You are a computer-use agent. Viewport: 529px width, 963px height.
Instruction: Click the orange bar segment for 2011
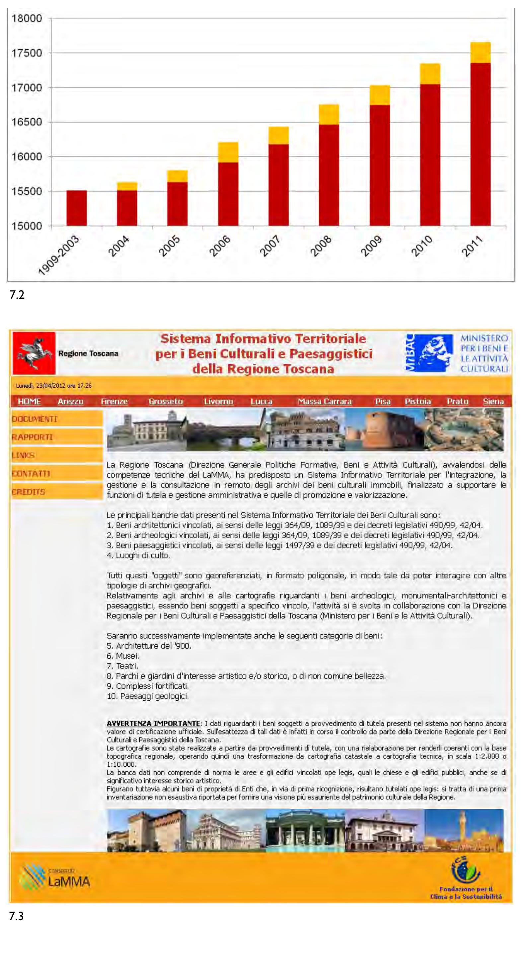point(480,52)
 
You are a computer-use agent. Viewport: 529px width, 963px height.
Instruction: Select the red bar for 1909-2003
point(77,208)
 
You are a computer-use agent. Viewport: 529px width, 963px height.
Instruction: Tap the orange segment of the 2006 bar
point(228,152)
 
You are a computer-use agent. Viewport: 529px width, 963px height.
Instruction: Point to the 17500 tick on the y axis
point(27,53)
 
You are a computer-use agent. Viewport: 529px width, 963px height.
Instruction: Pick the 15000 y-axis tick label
point(27,226)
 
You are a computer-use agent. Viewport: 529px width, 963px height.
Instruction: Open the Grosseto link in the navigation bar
point(166,402)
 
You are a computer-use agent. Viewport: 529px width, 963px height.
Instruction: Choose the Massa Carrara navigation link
point(325,402)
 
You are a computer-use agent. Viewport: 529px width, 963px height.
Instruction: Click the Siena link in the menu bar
point(493,402)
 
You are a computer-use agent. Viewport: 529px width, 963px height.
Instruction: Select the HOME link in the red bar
point(29,402)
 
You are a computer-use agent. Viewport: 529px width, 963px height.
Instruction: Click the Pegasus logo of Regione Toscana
point(34,353)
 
